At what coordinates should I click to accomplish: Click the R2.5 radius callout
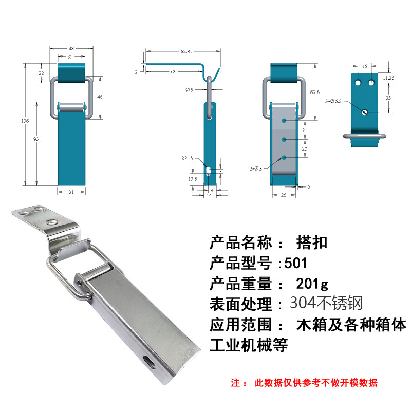click(x=187, y=159)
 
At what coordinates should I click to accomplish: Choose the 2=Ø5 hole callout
click(x=255, y=168)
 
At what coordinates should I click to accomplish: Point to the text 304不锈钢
click(x=326, y=303)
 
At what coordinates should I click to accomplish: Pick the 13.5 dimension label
click(x=192, y=179)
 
